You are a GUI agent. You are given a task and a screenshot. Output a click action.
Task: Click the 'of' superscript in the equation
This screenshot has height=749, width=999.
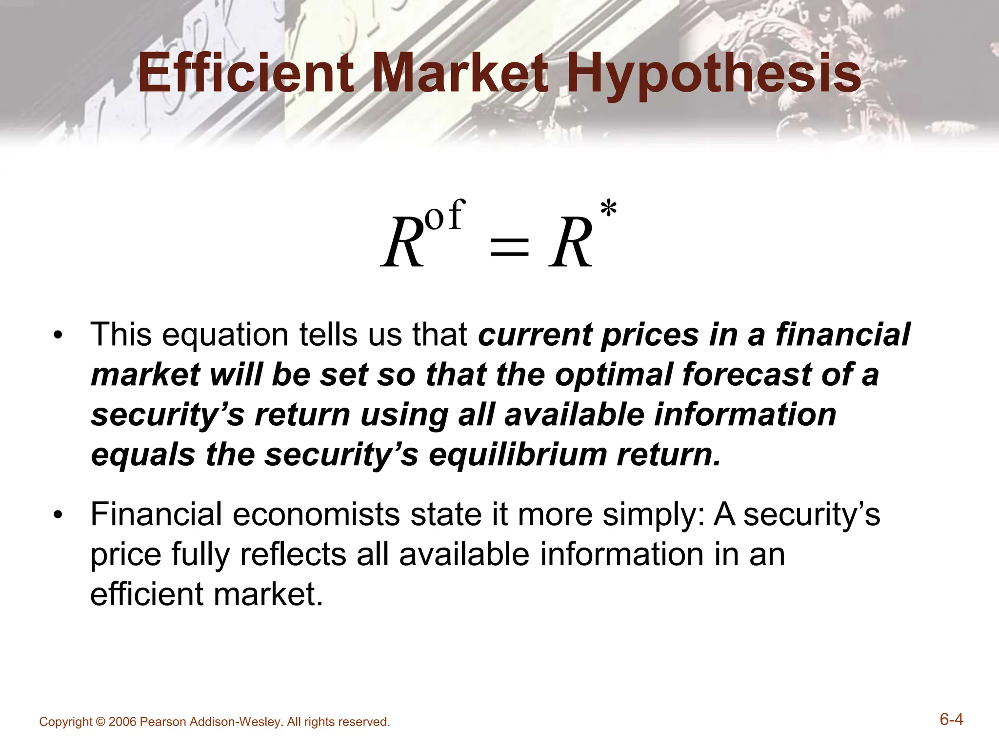coord(444,216)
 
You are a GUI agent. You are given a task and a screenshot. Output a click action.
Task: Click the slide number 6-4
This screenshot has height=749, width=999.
coord(951,719)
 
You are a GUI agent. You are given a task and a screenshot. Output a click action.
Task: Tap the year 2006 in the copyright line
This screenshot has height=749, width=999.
coord(122,722)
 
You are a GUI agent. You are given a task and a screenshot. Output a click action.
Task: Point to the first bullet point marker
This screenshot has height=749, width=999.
coord(59,336)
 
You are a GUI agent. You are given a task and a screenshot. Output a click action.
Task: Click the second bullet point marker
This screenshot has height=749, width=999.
coord(59,515)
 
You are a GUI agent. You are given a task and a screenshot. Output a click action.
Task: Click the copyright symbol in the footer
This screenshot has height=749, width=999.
coord(100,722)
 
